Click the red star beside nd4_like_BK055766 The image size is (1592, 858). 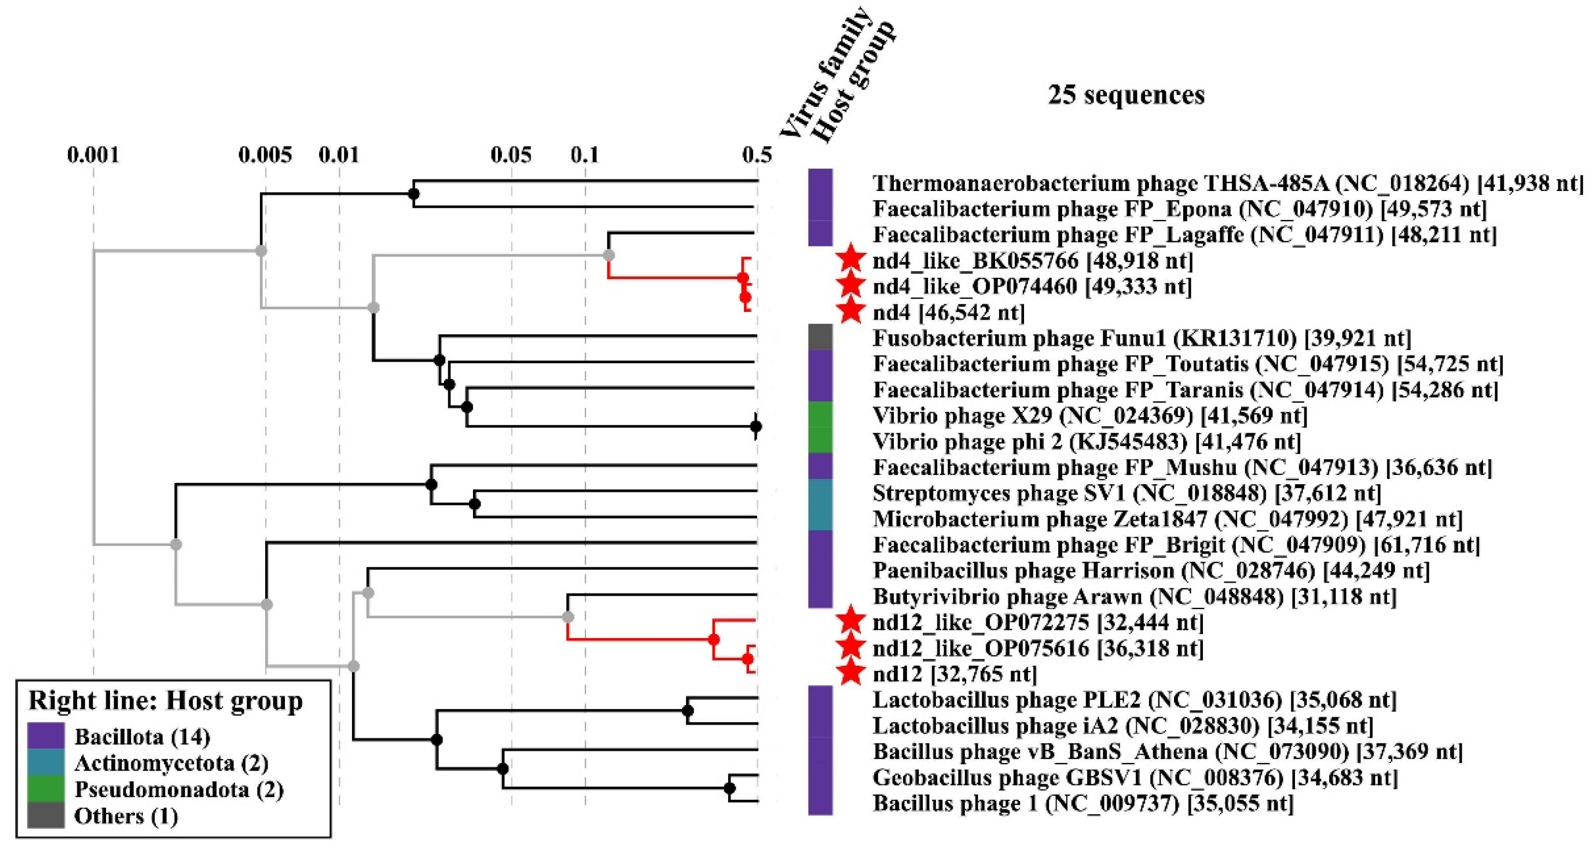tap(850, 259)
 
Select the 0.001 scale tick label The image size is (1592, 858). tap(94, 154)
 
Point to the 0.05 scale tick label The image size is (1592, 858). tap(511, 154)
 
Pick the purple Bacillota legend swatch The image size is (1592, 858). tap(46, 735)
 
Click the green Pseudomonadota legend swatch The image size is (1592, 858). tap(46, 789)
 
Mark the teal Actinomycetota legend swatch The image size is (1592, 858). tap(46, 762)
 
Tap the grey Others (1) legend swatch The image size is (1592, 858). tap(46, 816)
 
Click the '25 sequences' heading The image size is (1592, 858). tap(1126, 95)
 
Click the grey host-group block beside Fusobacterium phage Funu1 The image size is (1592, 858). tap(820, 338)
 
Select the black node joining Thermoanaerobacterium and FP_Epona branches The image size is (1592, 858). tap(414, 194)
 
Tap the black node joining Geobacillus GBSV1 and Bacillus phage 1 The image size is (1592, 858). tap(729, 788)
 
